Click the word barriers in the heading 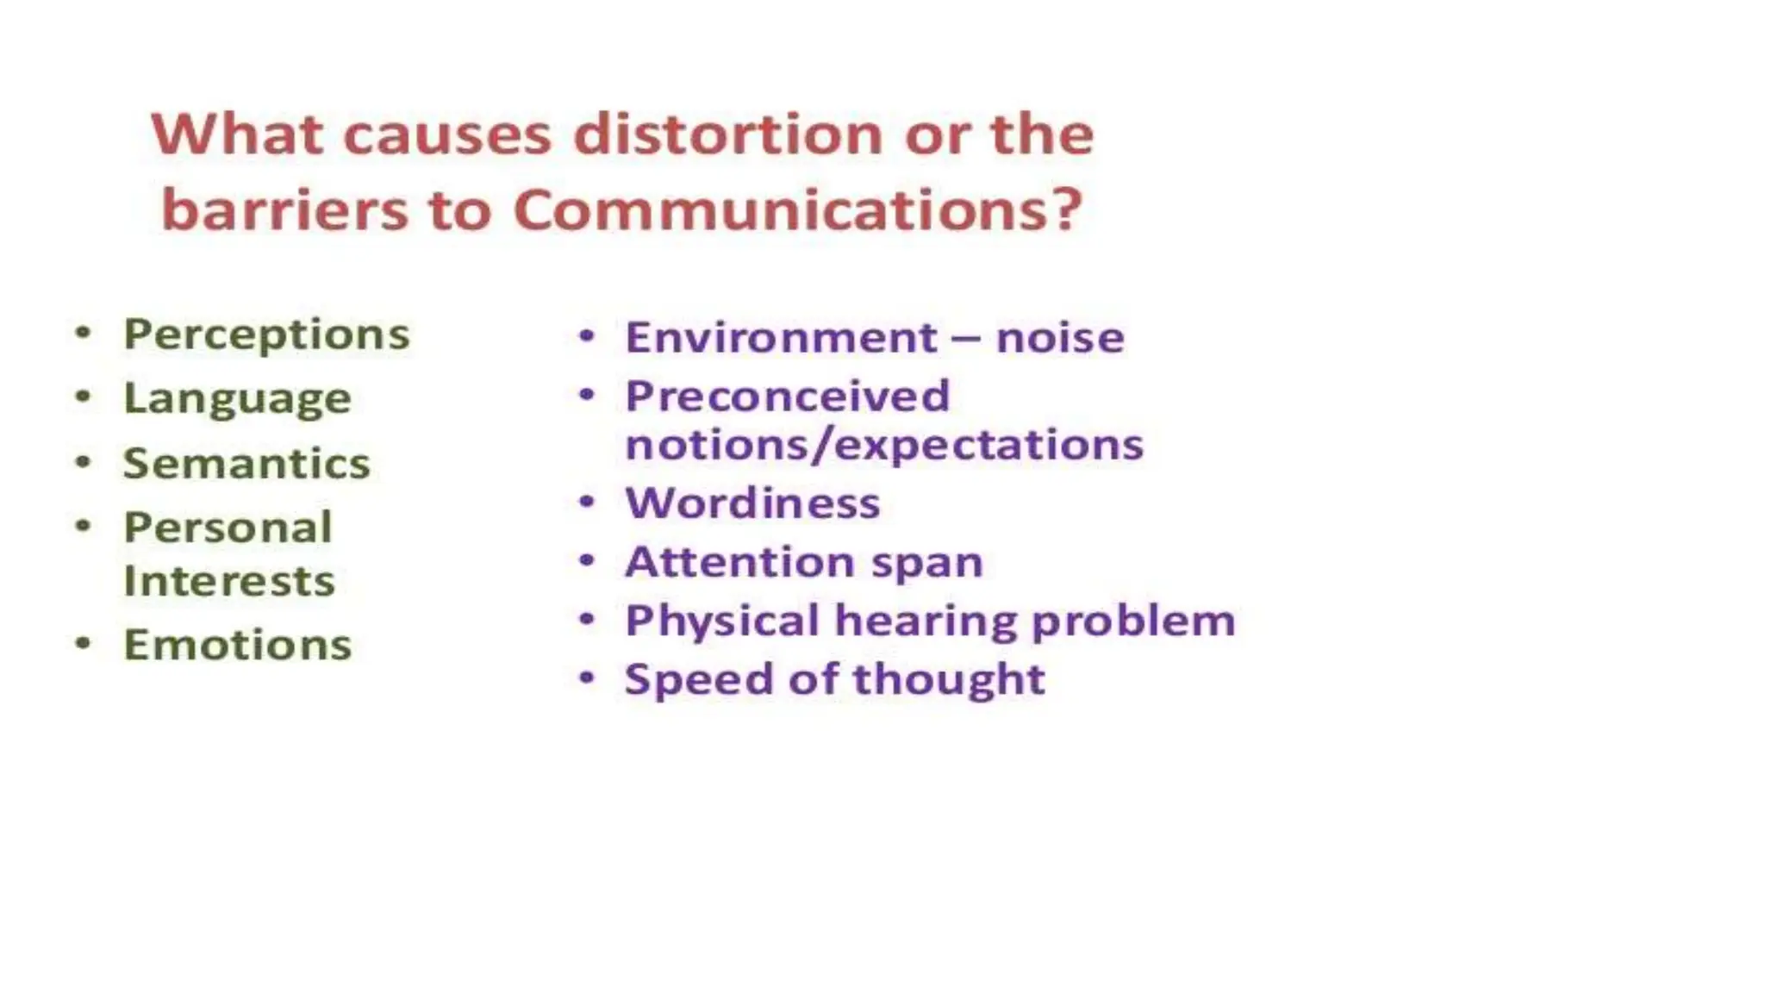[284, 210]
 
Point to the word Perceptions [266, 335]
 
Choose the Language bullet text [237, 400]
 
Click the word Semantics [246, 464]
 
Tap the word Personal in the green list [228, 528]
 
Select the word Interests [229, 581]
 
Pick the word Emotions [237, 645]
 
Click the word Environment [781, 337]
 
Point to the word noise [1060, 337]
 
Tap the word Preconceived [787, 397]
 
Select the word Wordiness [752, 503]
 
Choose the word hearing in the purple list [926, 621]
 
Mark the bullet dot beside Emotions [83, 643]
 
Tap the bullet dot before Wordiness [587, 502]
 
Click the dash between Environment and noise [965, 339]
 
